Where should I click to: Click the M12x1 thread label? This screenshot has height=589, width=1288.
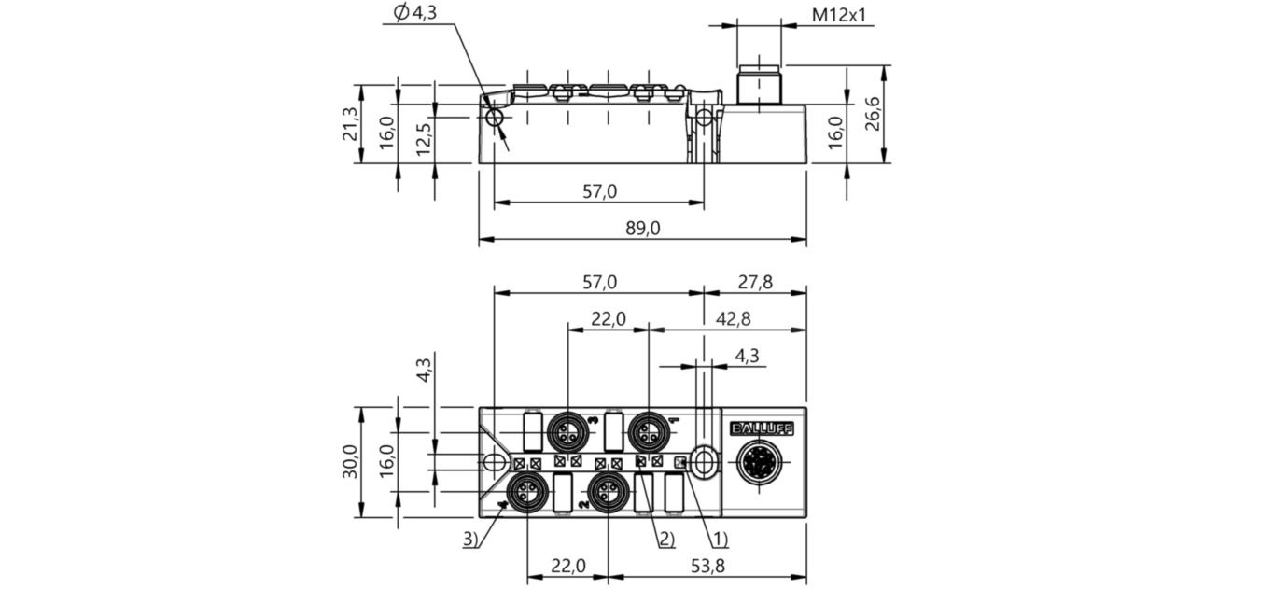click(x=838, y=14)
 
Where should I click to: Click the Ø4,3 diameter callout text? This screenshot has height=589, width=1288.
click(x=415, y=13)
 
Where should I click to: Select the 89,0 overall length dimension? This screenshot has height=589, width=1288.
click(x=643, y=229)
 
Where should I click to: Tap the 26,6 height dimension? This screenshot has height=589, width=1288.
click(x=873, y=114)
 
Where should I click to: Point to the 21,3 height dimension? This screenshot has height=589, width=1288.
click(x=350, y=123)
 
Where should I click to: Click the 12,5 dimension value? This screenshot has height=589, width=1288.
click(x=424, y=139)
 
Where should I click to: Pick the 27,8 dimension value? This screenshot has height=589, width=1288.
click(x=755, y=283)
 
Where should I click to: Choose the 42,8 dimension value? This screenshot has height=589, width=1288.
click(x=733, y=318)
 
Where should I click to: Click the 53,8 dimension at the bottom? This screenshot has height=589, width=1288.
click(x=707, y=566)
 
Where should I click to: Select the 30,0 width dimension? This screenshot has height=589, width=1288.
click(x=350, y=461)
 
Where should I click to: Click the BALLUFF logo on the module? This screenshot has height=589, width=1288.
click(x=762, y=428)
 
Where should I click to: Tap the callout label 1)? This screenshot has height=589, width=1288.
click(x=721, y=539)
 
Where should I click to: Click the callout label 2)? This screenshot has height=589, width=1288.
click(x=666, y=539)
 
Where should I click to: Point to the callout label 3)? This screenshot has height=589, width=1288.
click(x=470, y=539)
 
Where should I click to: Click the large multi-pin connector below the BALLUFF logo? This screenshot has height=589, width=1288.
click(x=759, y=462)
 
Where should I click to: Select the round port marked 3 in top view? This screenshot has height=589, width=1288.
click(x=567, y=429)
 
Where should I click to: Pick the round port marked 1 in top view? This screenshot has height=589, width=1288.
click(x=648, y=429)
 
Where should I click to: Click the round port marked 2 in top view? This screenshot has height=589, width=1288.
click(x=609, y=492)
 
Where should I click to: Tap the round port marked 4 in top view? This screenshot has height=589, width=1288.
click(x=528, y=492)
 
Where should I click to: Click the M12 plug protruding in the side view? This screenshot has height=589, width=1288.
click(x=759, y=85)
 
